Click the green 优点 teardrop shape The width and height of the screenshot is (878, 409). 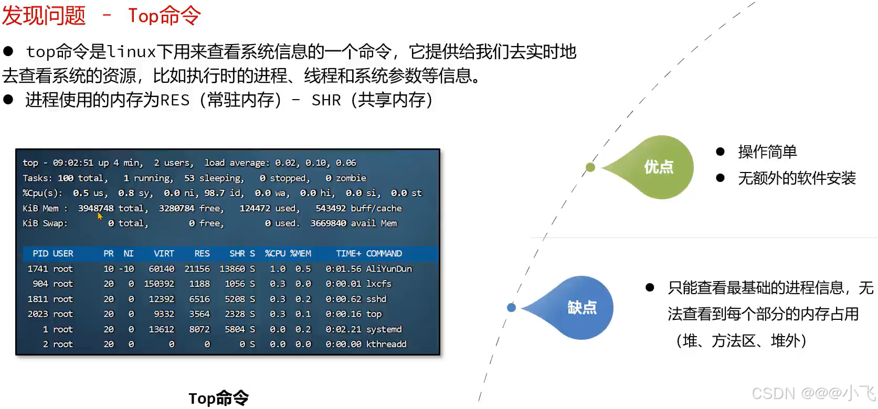point(654,167)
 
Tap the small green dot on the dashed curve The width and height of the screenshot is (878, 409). point(590,167)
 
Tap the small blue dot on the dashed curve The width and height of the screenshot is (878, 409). point(511,307)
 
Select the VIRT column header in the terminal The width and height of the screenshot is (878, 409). point(164,253)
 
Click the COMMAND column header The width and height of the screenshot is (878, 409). point(384,253)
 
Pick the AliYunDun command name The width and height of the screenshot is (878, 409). point(389,269)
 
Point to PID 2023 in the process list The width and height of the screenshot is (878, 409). point(38,314)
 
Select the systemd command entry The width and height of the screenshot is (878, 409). point(384,329)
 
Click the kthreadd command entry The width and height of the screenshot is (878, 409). point(386,344)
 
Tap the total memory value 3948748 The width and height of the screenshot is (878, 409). point(96,208)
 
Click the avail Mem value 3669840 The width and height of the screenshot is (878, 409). point(329,223)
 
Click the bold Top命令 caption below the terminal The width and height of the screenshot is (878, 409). point(219,398)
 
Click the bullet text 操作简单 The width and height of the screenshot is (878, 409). point(767,152)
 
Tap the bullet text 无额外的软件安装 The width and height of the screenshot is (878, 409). point(797,178)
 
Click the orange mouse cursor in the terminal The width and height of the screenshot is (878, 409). point(100,216)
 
